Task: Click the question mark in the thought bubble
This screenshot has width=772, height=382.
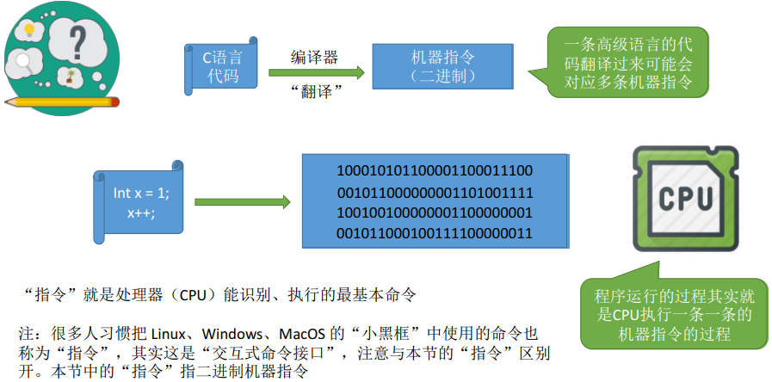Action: tap(77, 42)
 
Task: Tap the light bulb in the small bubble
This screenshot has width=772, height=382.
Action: tap(29, 30)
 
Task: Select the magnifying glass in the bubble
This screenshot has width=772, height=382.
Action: tap(23, 62)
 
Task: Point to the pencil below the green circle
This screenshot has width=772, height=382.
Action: tap(62, 102)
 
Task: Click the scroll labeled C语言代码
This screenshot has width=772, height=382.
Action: tap(221, 66)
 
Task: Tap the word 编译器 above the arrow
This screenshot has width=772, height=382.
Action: tap(315, 57)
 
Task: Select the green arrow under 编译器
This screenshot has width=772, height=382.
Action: tap(316, 73)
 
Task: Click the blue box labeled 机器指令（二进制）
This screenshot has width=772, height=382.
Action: tap(442, 66)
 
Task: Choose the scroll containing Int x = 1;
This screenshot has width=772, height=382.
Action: tap(139, 202)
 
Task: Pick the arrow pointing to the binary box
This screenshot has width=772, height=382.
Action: tap(242, 202)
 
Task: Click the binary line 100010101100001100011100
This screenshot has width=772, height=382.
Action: tap(435, 171)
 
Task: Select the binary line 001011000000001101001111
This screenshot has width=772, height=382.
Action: tap(435, 192)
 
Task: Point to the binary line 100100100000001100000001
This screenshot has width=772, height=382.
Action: tap(435, 213)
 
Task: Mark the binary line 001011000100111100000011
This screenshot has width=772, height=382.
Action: tap(435, 233)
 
